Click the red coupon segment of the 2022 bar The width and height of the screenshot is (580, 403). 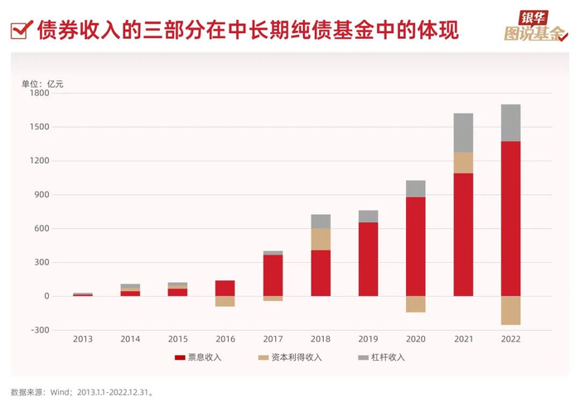click(510, 218)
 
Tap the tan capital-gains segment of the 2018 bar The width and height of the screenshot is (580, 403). click(321, 239)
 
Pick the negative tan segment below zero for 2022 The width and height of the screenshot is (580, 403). click(510, 310)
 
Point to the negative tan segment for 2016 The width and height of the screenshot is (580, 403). click(225, 301)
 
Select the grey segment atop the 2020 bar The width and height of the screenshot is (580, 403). click(415, 188)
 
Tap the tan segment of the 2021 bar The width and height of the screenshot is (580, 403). click(463, 163)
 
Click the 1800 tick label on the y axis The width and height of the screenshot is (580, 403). click(41, 93)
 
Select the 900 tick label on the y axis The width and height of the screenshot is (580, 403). click(42, 195)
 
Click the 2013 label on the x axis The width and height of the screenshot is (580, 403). click(83, 339)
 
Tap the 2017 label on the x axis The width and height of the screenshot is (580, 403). click(273, 339)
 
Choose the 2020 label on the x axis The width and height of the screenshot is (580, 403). click(415, 339)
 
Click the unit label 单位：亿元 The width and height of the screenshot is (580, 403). click(42, 83)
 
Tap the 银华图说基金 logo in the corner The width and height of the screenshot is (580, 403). click(536, 27)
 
